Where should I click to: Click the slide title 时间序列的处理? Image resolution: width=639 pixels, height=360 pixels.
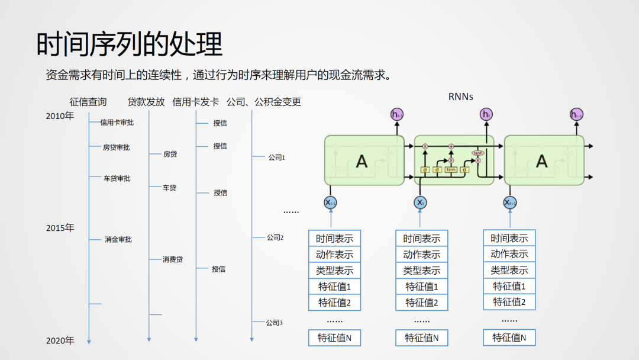(x=130, y=44)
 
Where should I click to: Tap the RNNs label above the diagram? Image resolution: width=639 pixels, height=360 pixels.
(x=461, y=97)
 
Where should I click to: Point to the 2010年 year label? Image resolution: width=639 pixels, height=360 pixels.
(x=60, y=116)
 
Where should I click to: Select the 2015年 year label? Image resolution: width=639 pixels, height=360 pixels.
(x=60, y=228)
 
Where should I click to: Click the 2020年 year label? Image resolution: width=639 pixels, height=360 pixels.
(x=60, y=340)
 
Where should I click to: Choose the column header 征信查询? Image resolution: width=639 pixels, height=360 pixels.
(x=88, y=102)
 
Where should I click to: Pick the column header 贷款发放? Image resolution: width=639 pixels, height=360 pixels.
(x=146, y=102)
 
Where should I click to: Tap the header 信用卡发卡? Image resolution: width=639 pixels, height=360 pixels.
(x=195, y=102)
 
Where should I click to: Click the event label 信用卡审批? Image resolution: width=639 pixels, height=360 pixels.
(x=117, y=123)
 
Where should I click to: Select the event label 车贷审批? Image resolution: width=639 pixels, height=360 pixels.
(x=117, y=178)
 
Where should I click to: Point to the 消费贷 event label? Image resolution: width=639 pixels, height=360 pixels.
(x=173, y=259)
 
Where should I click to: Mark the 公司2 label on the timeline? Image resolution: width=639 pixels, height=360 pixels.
(x=275, y=237)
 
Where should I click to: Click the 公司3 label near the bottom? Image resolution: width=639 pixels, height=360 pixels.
(x=274, y=323)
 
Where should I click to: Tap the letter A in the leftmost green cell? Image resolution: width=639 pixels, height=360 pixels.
(x=362, y=160)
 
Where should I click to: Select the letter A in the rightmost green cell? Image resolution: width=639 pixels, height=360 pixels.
(x=541, y=160)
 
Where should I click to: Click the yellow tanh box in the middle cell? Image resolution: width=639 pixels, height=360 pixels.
(x=451, y=170)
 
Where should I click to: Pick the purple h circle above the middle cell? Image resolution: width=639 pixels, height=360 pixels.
(x=486, y=114)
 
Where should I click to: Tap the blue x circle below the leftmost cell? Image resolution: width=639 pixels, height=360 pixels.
(x=331, y=202)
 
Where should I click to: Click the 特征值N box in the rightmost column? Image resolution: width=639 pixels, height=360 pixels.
(x=509, y=337)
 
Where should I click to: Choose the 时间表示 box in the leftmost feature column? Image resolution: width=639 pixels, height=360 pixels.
(x=334, y=239)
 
